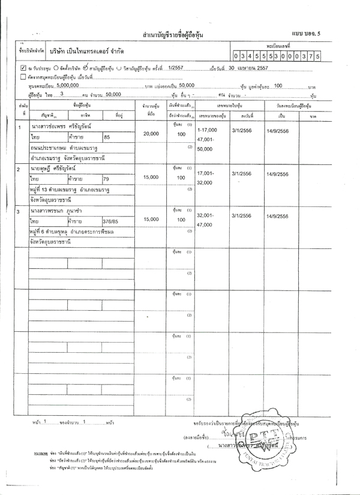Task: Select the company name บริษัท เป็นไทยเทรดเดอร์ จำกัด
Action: (87, 52)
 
